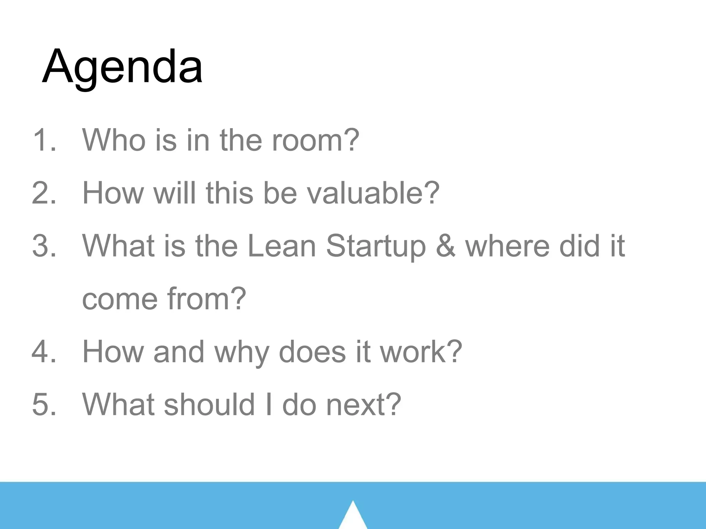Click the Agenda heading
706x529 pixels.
[122, 67]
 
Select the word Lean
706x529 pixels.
[282, 246]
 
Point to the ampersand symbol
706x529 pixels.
[445, 246]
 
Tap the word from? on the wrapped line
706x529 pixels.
[206, 299]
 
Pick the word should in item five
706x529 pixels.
[209, 404]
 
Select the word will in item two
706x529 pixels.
[174, 193]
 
